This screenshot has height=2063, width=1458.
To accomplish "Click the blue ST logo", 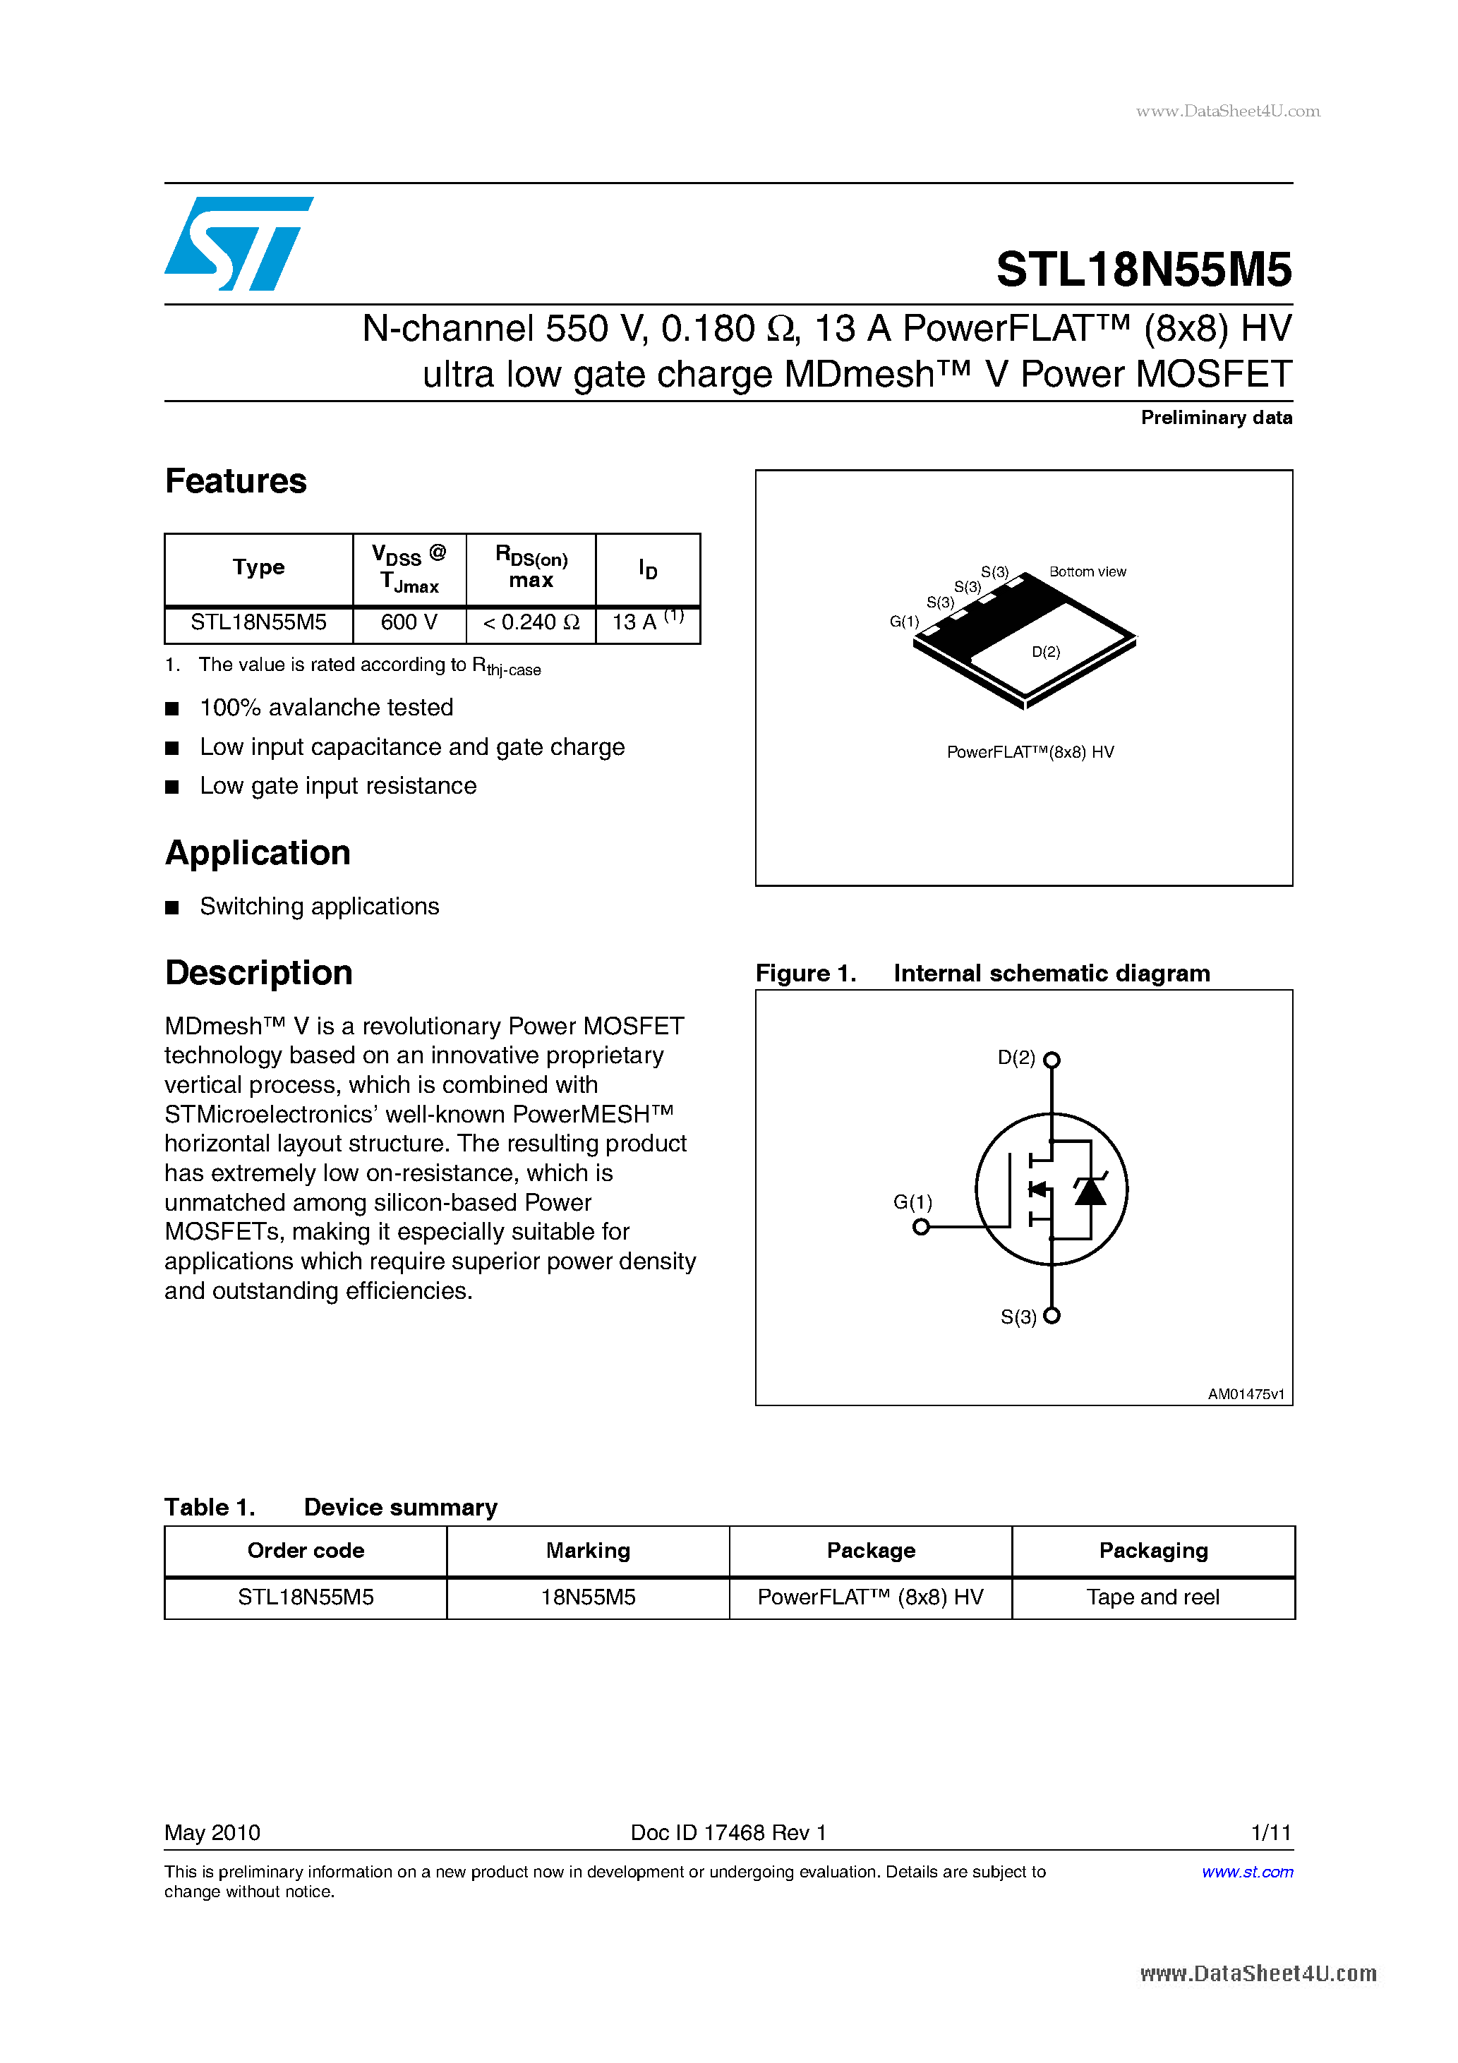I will tap(239, 243).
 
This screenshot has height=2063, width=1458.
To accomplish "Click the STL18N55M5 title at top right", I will tap(1143, 270).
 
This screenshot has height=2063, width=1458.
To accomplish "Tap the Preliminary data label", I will tap(1215, 418).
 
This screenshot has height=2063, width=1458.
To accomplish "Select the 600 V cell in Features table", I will tap(409, 623).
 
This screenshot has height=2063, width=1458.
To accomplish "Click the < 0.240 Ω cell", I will tap(531, 623).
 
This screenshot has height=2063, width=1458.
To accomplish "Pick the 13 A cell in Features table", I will tap(647, 623).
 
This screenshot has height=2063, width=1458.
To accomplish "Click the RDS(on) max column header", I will tap(531, 568).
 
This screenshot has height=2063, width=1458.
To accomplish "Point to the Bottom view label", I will tap(1087, 572).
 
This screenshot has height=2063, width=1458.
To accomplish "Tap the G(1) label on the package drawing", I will tap(903, 622).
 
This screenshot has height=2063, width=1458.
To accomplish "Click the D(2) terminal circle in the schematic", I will tap(1052, 1060).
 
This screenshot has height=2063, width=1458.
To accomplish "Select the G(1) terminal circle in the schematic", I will tap(920, 1228).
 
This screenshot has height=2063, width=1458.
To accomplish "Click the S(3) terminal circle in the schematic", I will tap(1052, 1317).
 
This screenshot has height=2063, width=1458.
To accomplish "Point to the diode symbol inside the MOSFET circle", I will tap(1090, 1192).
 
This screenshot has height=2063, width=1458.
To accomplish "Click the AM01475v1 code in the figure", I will tap(1245, 1395).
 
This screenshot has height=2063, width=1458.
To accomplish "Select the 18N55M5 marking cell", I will tap(588, 1597).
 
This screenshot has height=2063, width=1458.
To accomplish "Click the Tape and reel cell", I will tap(1152, 1597).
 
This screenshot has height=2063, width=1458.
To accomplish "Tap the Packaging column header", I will tap(1152, 1551).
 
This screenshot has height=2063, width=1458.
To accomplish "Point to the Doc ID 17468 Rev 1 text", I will tap(728, 1833).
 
